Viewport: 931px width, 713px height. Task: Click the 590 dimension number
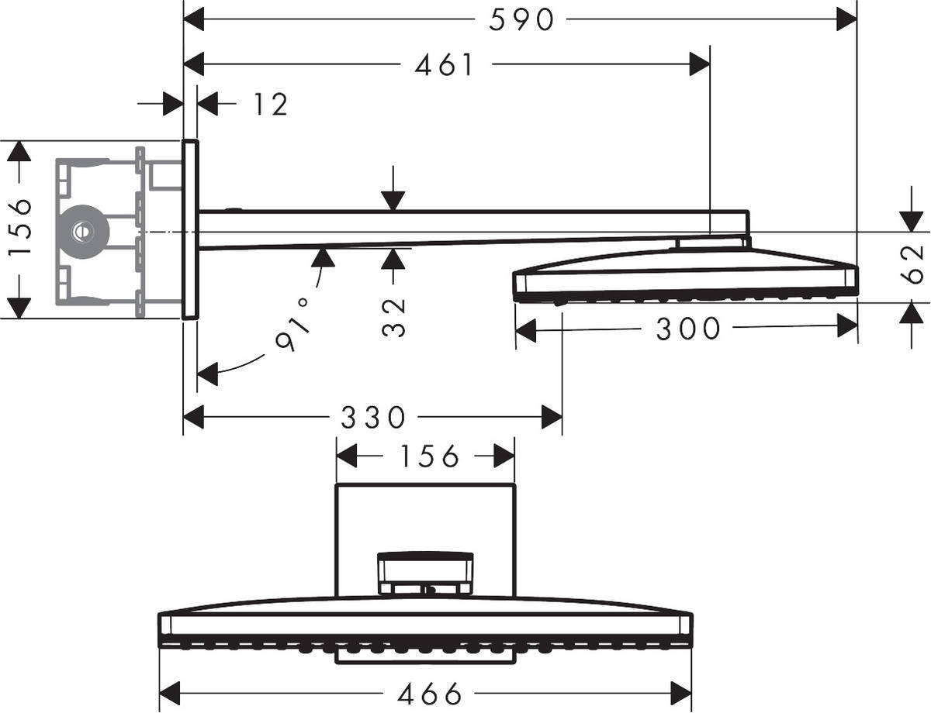point(522,19)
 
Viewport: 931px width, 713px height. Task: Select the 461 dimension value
point(445,65)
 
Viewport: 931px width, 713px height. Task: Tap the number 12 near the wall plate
point(270,105)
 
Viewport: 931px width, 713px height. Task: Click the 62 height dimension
point(915,263)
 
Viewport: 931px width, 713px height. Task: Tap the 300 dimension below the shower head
point(688,329)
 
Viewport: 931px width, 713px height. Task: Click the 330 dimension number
point(373,418)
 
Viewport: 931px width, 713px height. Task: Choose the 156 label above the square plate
point(430,457)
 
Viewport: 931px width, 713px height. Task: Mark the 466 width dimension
point(430,693)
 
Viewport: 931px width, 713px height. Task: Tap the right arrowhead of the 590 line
point(846,19)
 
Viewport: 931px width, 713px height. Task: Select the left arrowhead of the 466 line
point(170,693)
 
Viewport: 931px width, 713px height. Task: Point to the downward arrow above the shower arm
point(393,199)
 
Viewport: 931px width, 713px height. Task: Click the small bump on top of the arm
point(233,208)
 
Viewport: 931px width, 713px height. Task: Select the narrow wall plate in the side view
point(190,229)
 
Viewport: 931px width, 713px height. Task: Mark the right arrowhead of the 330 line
point(552,418)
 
